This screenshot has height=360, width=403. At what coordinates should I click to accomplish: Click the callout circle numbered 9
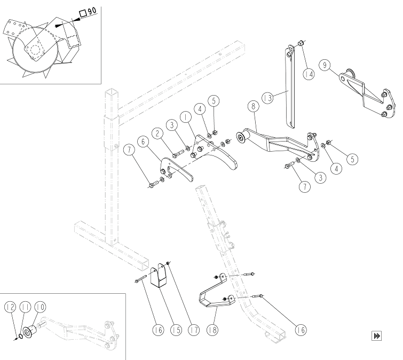pyautogui.click(x=325, y=65)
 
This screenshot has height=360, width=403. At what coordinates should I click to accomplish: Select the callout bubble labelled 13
pyautogui.click(x=267, y=98)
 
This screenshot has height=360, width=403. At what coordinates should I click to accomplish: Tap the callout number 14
pyautogui.click(x=309, y=74)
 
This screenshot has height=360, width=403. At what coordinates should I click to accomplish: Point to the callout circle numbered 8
pyautogui.click(x=254, y=106)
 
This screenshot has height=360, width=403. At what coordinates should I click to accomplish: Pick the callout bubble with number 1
pyautogui.click(x=186, y=118)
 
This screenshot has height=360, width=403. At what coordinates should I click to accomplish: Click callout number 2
pyautogui.click(x=157, y=133)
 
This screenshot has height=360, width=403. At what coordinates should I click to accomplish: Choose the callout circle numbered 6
pyautogui.click(x=143, y=142)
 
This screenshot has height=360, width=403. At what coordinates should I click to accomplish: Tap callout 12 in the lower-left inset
pyautogui.click(x=10, y=307)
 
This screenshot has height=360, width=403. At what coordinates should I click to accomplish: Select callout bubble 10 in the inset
pyautogui.click(x=40, y=307)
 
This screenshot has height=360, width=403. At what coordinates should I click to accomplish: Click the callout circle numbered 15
pyautogui.click(x=176, y=330)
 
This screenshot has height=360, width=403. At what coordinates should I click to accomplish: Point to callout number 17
pyautogui.click(x=194, y=330)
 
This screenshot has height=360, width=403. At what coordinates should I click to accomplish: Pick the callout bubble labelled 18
pyautogui.click(x=212, y=330)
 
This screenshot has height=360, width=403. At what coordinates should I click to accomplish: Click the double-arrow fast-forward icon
pyautogui.click(x=376, y=336)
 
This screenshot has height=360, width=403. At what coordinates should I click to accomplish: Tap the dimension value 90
pyautogui.click(x=92, y=11)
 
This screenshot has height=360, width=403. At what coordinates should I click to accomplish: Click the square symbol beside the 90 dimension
pyautogui.click(x=83, y=14)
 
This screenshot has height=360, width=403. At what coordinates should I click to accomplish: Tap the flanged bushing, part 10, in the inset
pyautogui.click(x=29, y=331)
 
